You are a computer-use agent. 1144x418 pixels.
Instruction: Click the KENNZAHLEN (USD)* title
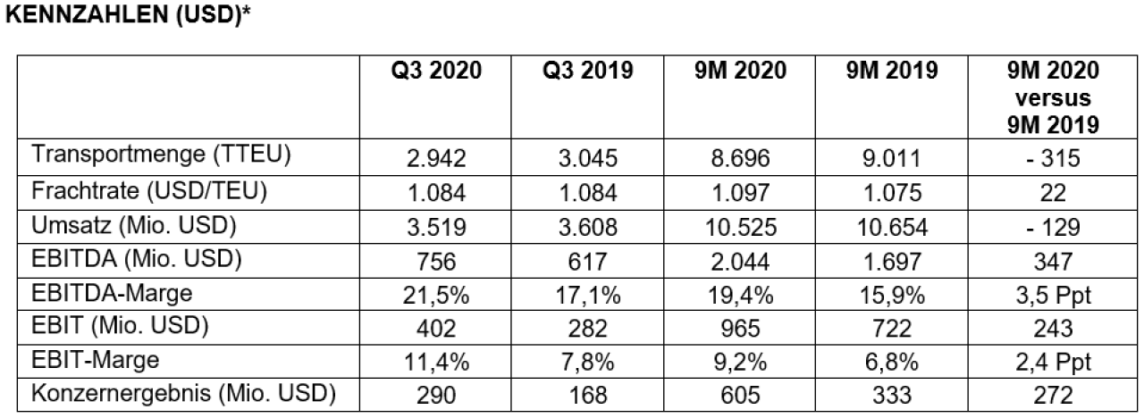pyautogui.click(x=128, y=15)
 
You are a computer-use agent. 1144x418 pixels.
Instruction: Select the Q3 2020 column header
pyautogui.click(x=436, y=71)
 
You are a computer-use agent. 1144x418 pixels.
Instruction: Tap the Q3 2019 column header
pyautogui.click(x=588, y=71)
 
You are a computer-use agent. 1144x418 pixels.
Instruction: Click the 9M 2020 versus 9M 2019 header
pyautogui.click(x=1053, y=97)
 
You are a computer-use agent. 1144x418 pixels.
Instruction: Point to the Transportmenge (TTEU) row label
pyautogui.click(x=162, y=155)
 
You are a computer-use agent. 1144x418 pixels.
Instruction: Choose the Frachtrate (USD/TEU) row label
pyautogui.click(x=149, y=191)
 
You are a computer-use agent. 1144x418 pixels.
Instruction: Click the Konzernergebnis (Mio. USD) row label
pyautogui.click(x=184, y=394)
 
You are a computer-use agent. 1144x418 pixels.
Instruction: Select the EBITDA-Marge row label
pyautogui.click(x=112, y=294)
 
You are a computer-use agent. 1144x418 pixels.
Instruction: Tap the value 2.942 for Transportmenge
pyautogui.click(x=436, y=158)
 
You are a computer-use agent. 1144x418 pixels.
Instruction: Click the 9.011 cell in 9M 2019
pyautogui.click(x=892, y=158)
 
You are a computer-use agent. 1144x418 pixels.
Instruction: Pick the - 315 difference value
pyautogui.click(x=1053, y=158)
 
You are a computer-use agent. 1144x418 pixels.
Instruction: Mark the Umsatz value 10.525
pyautogui.click(x=741, y=227)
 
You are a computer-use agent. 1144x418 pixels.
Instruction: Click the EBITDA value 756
pyautogui.click(x=436, y=262)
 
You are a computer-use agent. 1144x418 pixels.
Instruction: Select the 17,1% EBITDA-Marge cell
pyautogui.click(x=588, y=296)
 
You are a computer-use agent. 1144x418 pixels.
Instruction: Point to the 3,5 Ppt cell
pyautogui.click(x=1053, y=296)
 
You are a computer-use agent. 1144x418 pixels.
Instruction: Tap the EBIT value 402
pyautogui.click(x=436, y=328)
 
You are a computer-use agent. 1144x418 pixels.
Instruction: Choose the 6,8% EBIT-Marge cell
pyautogui.click(x=892, y=363)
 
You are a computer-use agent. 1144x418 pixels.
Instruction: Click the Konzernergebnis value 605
pyautogui.click(x=741, y=396)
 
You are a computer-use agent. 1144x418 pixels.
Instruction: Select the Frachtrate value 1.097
pyautogui.click(x=741, y=193)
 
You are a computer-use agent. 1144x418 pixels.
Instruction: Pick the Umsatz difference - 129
pyautogui.click(x=1053, y=227)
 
